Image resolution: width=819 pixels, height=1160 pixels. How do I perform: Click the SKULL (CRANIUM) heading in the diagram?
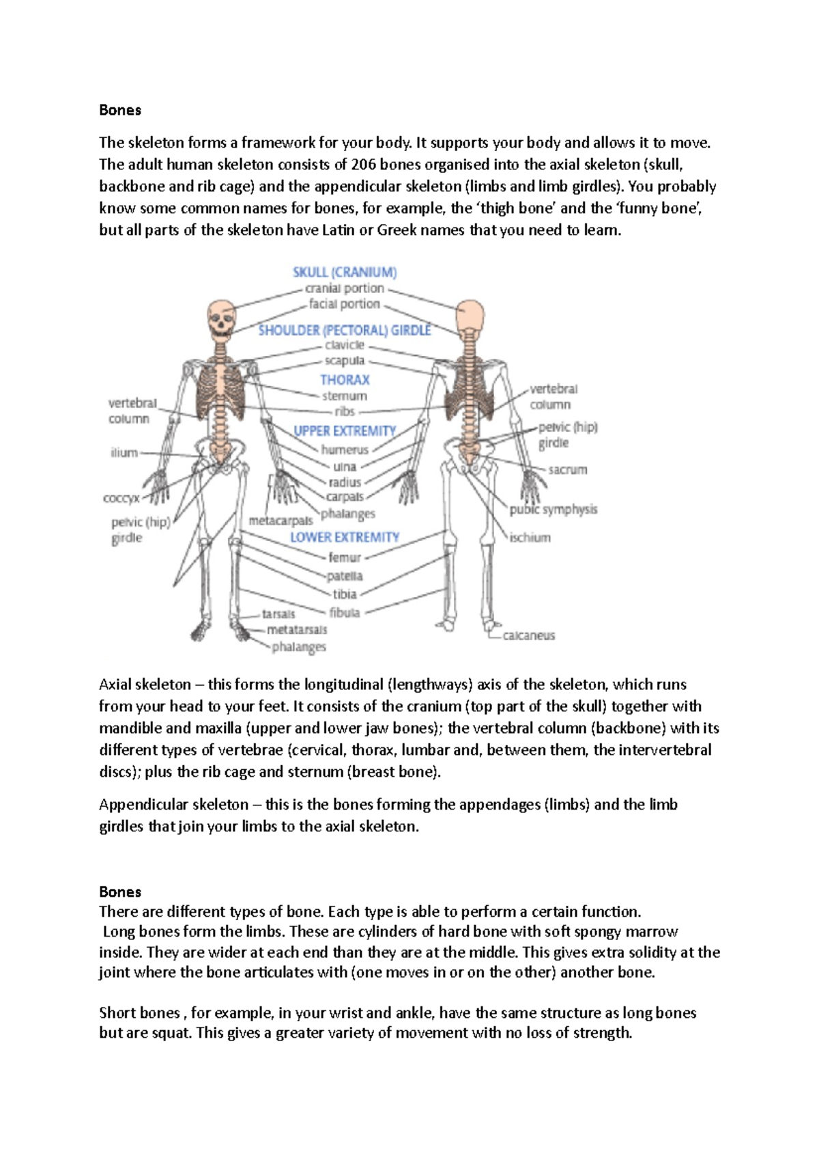[345, 272]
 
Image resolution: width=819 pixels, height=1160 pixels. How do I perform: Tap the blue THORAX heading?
[345, 380]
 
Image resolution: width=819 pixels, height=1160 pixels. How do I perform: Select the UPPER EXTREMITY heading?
[345, 431]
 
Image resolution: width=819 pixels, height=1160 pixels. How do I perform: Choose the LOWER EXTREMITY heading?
[345, 538]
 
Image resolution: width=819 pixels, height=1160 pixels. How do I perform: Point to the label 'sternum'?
[345, 396]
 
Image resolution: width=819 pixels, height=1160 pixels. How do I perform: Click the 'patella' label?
[345, 576]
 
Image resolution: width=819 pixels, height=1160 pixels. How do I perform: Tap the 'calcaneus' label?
[529, 635]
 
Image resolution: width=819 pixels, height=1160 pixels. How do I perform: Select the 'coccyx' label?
[121, 498]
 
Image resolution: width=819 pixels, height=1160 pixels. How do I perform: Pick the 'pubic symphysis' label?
[554, 510]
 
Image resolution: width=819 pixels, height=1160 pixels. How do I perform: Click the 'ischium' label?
[530, 538]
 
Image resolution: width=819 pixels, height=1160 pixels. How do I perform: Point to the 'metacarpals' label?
[281, 521]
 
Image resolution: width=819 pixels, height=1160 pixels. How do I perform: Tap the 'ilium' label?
[124, 452]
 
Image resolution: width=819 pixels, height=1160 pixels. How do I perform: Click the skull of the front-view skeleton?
[221, 319]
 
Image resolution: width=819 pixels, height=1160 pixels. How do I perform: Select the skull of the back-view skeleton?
[470, 317]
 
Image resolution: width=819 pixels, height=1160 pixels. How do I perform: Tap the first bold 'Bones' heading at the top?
[120, 110]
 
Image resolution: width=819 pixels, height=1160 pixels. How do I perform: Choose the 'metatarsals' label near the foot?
[297, 630]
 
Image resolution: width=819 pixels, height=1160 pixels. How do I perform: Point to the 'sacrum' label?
[568, 470]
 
